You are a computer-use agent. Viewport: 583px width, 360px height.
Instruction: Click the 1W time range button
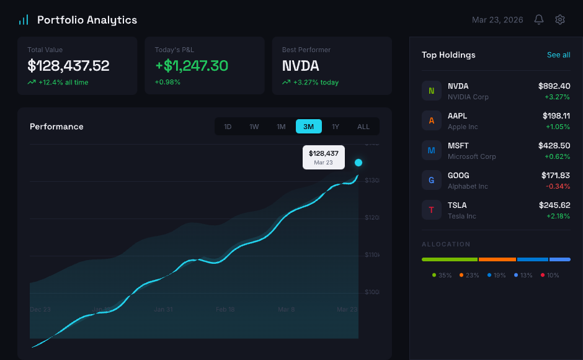click(x=254, y=127)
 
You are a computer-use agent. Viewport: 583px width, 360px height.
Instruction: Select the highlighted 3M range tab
click(x=308, y=127)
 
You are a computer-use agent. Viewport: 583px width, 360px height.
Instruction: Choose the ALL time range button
click(x=363, y=127)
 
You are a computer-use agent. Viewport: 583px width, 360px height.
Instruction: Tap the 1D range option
click(x=228, y=127)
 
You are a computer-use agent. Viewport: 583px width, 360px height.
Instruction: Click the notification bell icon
click(x=539, y=20)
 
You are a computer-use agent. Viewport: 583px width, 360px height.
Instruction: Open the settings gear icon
click(x=560, y=20)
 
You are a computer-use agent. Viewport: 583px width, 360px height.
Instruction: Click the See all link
click(x=558, y=55)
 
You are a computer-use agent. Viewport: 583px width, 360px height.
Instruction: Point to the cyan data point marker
click(x=358, y=163)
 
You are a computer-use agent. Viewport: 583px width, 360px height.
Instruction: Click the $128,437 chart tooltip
click(x=324, y=157)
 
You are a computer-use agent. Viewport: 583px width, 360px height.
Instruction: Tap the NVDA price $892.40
click(x=554, y=86)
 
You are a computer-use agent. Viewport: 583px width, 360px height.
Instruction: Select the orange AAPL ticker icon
click(x=432, y=120)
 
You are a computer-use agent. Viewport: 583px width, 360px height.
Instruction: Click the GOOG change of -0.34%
click(x=558, y=186)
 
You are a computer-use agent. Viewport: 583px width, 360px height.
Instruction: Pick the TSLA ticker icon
click(x=432, y=210)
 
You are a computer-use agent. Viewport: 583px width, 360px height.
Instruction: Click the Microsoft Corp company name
click(x=472, y=156)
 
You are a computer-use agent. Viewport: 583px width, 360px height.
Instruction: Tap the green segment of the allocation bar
click(x=450, y=259)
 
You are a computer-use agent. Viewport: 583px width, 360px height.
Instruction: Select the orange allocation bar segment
click(x=497, y=259)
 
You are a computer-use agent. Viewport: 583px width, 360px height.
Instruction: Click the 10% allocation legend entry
click(x=550, y=275)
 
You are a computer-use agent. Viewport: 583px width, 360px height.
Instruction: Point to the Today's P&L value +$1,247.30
click(x=192, y=66)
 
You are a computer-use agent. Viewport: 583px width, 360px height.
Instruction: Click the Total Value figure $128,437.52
click(x=68, y=66)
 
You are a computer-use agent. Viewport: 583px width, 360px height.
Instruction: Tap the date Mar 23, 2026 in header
click(x=497, y=20)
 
